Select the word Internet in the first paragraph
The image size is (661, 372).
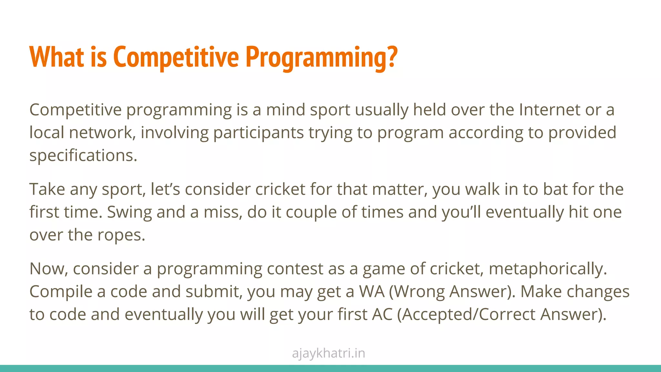coord(549,110)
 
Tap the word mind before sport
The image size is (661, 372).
coord(285,110)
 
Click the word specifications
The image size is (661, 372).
coord(83,156)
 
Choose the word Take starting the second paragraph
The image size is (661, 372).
coord(47,189)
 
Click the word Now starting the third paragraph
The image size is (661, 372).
coord(48,269)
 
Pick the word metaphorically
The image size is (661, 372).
coord(548,269)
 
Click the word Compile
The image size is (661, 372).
coord(61,292)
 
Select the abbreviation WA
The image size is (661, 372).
coord(372,292)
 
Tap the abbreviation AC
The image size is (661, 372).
coord(382,315)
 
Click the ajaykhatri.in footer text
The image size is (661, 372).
coord(329,353)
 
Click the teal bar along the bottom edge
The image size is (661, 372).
coord(330,368)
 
